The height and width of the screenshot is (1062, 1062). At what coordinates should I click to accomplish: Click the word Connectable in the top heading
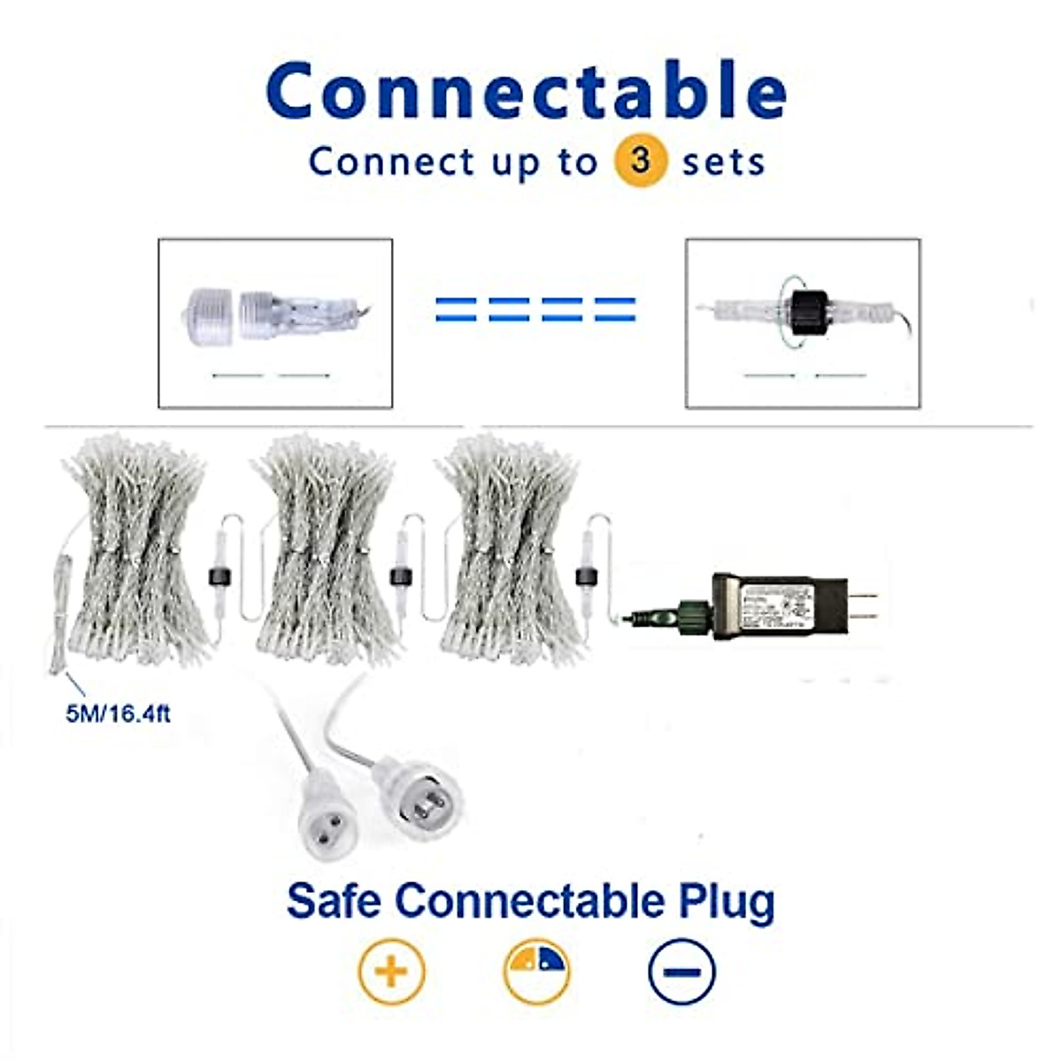click(526, 91)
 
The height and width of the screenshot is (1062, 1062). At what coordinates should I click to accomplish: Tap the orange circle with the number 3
click(640, 161)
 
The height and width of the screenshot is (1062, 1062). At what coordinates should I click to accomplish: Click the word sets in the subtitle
click(723, 163)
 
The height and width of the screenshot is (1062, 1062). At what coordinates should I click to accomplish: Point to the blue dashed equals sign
click(535, 309)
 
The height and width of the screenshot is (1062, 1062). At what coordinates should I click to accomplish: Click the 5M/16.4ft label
click(118, 713)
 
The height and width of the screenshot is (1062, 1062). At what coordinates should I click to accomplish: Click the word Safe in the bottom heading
click(334, 900)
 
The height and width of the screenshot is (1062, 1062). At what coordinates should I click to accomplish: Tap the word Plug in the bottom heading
click(727, 902)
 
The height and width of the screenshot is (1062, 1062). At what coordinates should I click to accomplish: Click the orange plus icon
click(391, 972)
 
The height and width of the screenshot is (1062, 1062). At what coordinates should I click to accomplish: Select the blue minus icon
click(681, 972)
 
